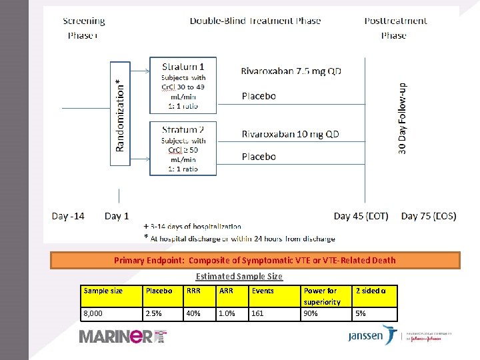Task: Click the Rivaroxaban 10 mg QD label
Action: (290, 134)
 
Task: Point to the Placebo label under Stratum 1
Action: (259, 96)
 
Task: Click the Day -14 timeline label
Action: (68, 216)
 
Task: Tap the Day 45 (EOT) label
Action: (361, 216)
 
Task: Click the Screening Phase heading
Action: (83, 28)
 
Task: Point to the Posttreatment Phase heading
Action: (395, 28)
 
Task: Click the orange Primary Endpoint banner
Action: (255, 260)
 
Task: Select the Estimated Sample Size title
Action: (239, 276)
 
